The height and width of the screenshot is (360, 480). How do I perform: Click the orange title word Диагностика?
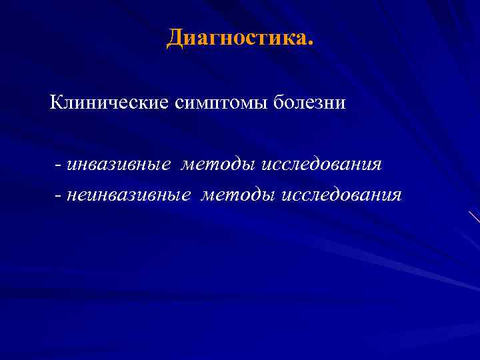[237, 38]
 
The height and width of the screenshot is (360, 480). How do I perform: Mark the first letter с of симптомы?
[178, 105]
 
